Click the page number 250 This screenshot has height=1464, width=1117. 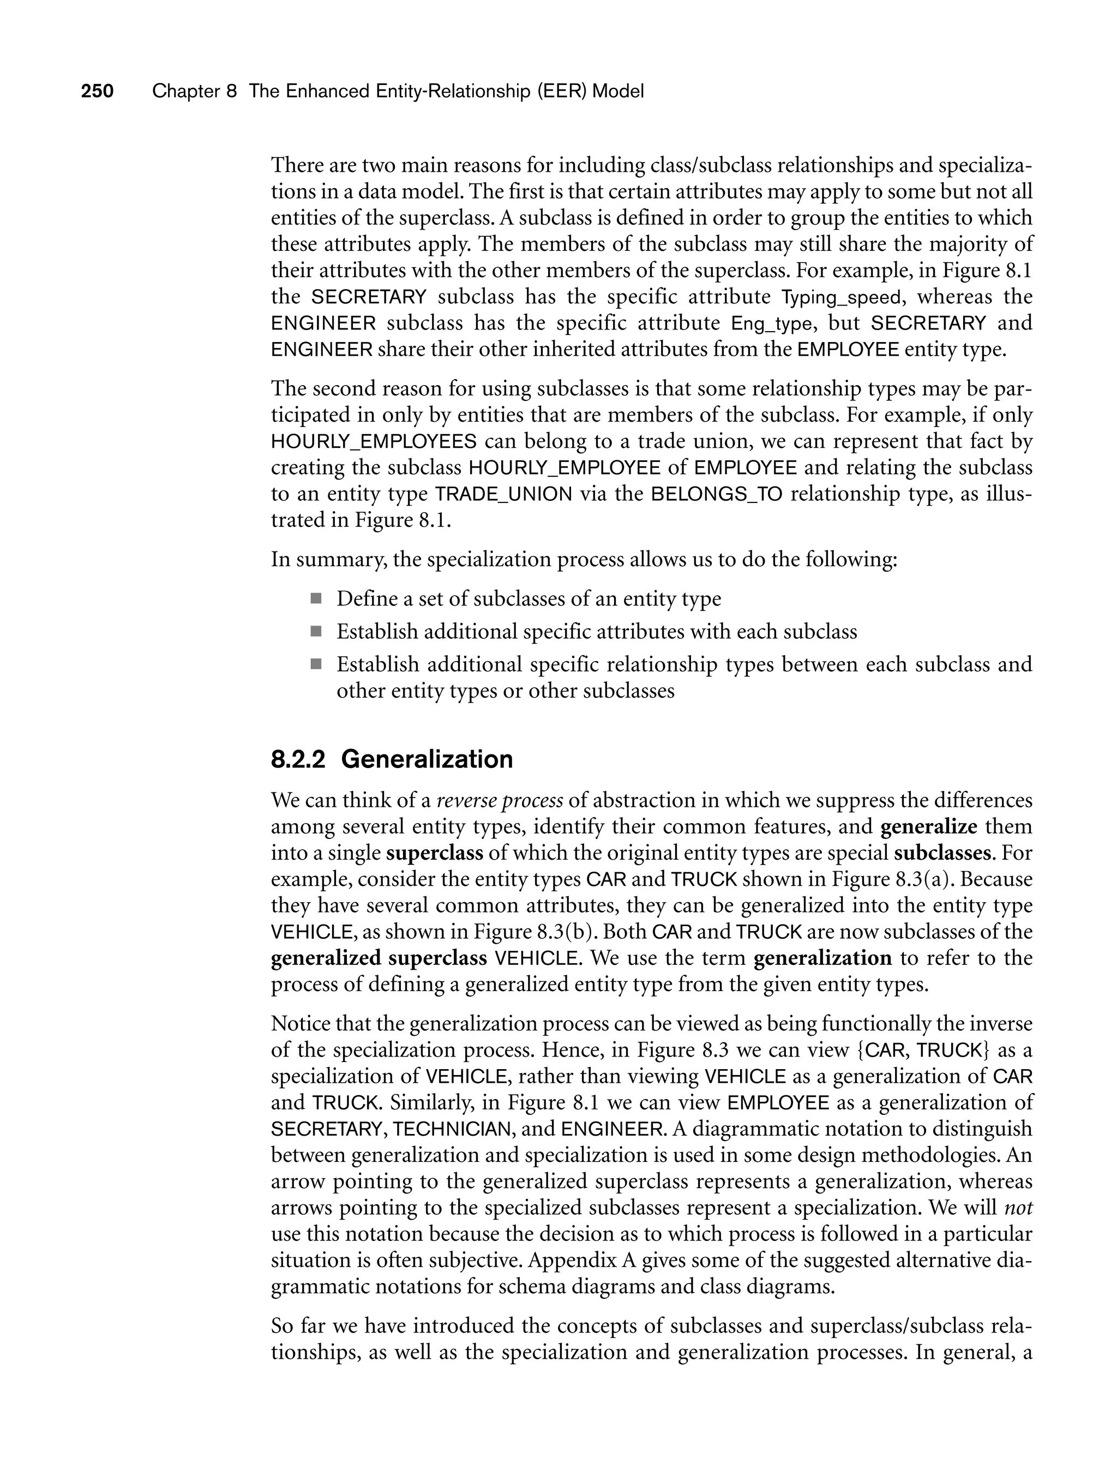tap(97, 91)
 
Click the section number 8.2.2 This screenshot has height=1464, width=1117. tap(298, 759)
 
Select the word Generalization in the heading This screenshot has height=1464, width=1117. tap(427, 759)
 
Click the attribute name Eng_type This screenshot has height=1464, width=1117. tap(771, 324)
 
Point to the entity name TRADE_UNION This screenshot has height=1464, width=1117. tap(503, 495)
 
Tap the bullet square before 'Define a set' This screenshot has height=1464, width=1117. tap(316, 599)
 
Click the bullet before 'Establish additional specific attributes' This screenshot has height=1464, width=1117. tap(316, 631)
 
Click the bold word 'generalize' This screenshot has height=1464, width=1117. tap(928, 827)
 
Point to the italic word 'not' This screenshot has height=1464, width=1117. tap(1019, 1208)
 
